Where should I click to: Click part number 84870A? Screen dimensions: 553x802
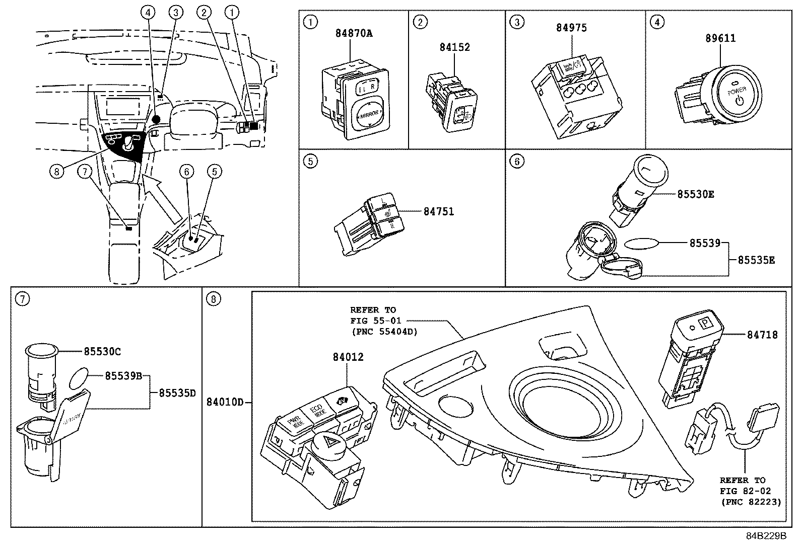tap(354, 34)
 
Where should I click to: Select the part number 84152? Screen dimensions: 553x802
tap(454, 47)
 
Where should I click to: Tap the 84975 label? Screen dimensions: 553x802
tap(571, 28)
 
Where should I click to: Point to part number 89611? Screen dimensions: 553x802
tap(720, 38)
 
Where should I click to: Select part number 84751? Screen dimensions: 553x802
tap(438, 212)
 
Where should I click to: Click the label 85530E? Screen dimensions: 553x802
tap(695, 194)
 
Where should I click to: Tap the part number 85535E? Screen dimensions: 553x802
tap(756, 260)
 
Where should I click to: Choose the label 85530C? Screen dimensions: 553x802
tap(102, 352)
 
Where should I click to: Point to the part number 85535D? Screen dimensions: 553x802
tap(177, 393)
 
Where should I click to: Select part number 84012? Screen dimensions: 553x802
tap(348, 357)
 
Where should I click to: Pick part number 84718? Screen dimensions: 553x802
tap(762, 335)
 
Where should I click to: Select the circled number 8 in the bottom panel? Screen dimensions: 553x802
tap(213, 299)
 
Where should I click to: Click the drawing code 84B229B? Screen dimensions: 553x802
tap(766, 536)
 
